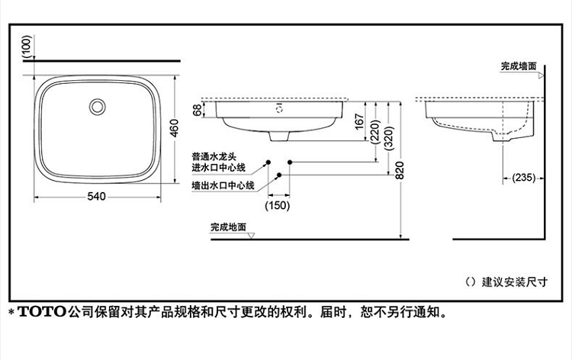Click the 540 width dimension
click(95, 197)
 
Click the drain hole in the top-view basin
click(98, 105)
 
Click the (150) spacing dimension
click(279, 204)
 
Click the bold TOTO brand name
click(43, 312)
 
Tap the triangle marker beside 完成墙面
click(541, 75)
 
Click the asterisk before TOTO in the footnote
click(11, 312)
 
